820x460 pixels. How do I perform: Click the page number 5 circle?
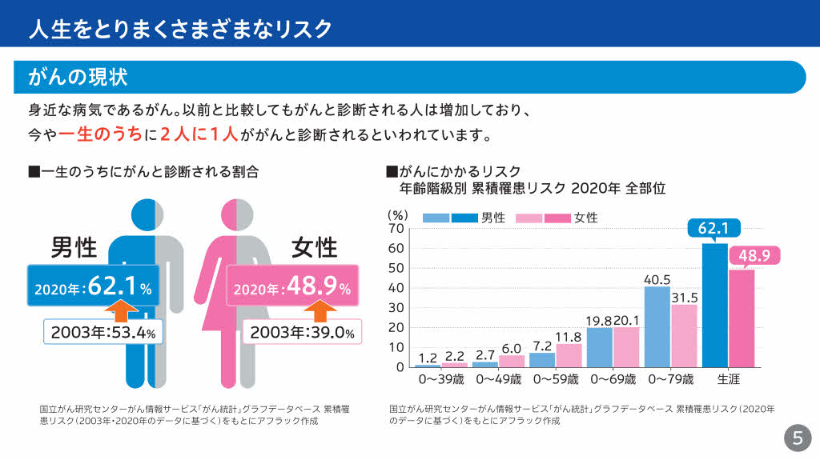point(797,438)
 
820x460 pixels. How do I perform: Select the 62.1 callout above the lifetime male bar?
point(713,229)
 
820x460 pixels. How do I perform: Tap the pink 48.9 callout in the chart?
point(754,256)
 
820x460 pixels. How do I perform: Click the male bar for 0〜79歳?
point(657,326)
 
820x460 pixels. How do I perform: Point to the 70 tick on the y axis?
point(396,228)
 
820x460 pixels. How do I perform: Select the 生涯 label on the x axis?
point(728,378)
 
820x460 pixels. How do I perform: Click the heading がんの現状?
point(78,78)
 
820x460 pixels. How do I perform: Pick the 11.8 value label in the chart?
point(569,336)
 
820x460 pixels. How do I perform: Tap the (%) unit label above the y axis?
point(398,215)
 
